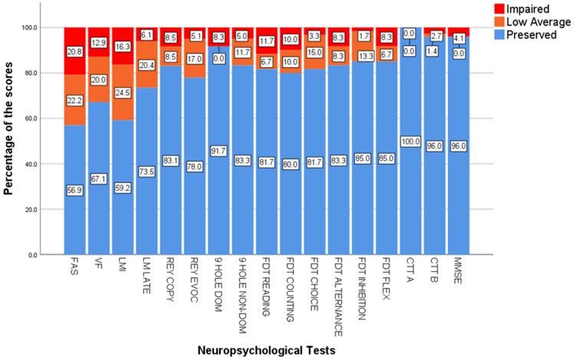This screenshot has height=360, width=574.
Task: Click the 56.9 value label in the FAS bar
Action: pyautogui.click(x=74, y=190)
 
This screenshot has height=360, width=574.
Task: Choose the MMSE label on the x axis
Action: pyautogui.click(x=457, y=271)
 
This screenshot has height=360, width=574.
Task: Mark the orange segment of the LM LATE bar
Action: pyautogui.click(x=146, y=64)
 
